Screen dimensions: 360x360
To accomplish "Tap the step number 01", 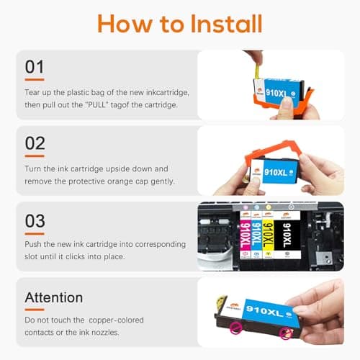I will click(x=35, y=66).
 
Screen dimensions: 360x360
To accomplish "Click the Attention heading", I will click(x=54, y=297).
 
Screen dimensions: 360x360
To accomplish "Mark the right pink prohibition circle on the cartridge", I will click(x=285, y=332).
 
